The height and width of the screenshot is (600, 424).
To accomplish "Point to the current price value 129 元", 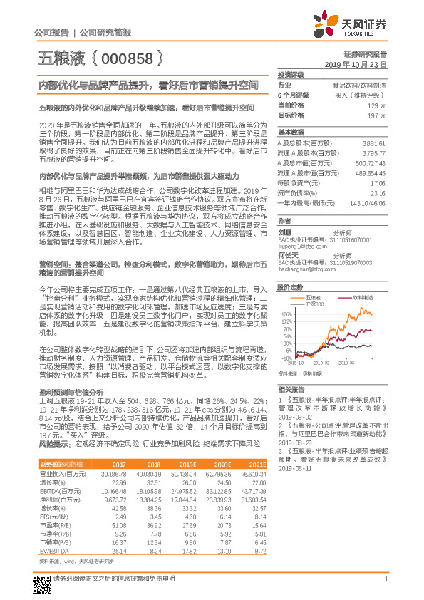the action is [378, 105].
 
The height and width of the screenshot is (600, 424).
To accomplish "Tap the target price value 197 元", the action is [378, 115].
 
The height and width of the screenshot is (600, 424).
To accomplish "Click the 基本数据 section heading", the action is [291, 133].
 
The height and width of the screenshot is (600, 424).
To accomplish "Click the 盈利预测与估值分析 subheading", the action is [71, 392].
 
